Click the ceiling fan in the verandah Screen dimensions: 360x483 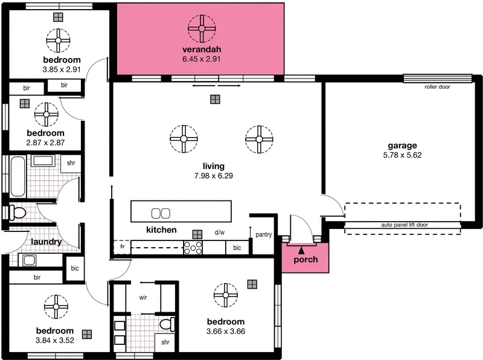[x=202, y=27]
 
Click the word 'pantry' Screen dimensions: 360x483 [x=264, y=234]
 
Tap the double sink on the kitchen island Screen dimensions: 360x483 [x=160, y=213]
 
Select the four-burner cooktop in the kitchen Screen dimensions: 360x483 [x=194, y=246]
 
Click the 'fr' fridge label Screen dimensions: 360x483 [x=121, y=247]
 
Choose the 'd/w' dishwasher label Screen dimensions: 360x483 [x=220, y=232]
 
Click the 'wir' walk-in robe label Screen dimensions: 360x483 [x=144, y=298]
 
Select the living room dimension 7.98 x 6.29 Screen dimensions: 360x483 [x=214, y=176]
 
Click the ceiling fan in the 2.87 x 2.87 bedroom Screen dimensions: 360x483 [x=46, y=114]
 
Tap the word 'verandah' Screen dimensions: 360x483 [x=201, y=49]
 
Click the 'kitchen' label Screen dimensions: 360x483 [x=161, y=230]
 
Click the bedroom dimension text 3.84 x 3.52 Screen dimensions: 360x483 [x=54, y=341]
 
